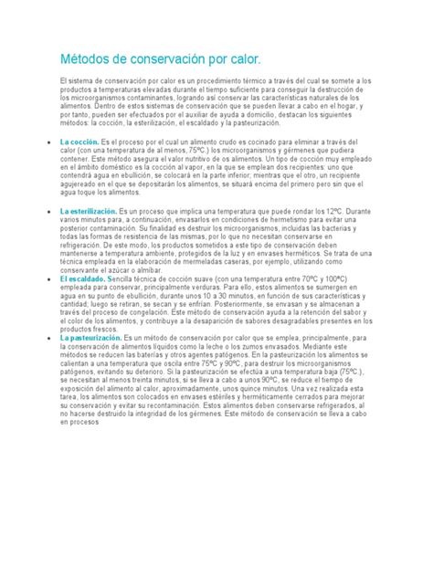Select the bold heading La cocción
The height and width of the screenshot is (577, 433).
coord(79,143)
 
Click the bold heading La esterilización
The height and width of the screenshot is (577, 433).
coord(89,211)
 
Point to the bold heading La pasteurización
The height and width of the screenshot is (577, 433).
coord(90,339)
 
